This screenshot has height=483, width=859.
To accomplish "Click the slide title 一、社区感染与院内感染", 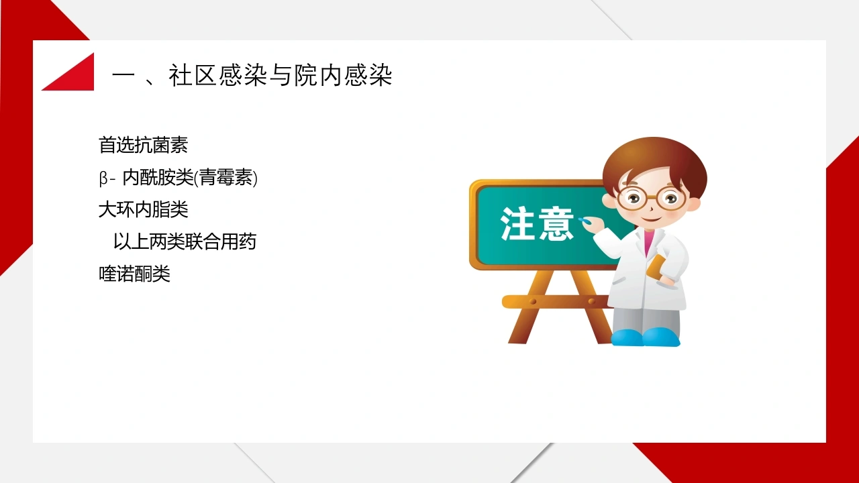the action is (252, 75).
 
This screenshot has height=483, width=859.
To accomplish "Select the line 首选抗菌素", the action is (143, 146).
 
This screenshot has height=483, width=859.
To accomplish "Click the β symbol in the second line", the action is (103, 179).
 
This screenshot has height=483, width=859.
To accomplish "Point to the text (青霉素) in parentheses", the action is (226, 178).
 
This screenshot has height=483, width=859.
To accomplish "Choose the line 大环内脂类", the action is (143, 210).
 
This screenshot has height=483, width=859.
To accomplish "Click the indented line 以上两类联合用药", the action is (185, 242).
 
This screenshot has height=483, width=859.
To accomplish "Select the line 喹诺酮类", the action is (134, 274).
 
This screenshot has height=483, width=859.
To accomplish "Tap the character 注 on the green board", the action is (517, 224).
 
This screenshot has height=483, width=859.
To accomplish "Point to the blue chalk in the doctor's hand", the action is (585, 221).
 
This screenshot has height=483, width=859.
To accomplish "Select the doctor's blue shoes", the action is (646, 337).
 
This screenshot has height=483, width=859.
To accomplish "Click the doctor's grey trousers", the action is (646, 318).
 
